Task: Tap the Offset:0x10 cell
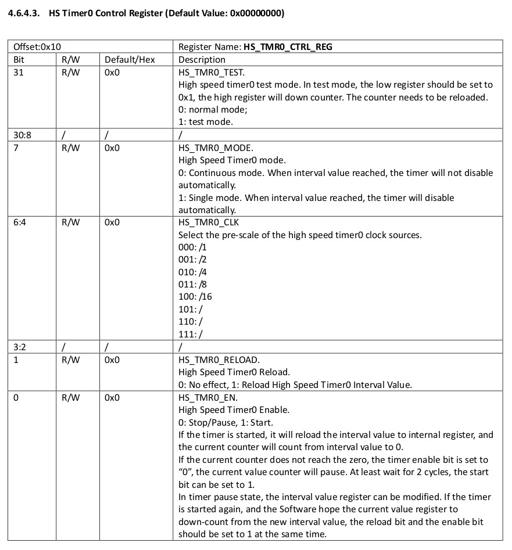click(x=37, y=47)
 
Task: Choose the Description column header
click(x=202, y=59)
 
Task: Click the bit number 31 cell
click(x=18, y=72)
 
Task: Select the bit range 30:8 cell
click(x=22, y=135)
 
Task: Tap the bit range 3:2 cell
click(x=19, y=347)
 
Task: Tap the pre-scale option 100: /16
click(x=195, y=297)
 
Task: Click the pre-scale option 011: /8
click(x=193, y=285)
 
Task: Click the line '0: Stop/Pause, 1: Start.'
click(x=225, y=422)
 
